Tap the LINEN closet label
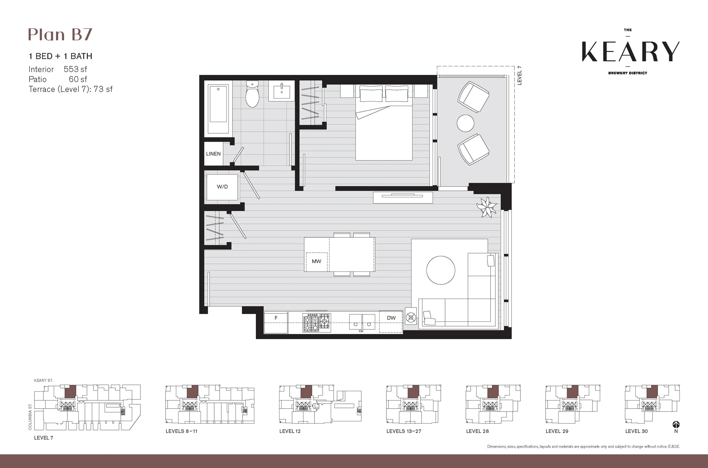[213, 154]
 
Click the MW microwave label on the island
[316, 261]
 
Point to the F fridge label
[276, 318]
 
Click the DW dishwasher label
[391, 318]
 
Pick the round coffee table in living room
[440, 270]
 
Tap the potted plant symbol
[487, 207]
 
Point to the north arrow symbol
[676, 425]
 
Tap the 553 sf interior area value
[75, 69]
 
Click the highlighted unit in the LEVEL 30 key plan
[652, 392]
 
